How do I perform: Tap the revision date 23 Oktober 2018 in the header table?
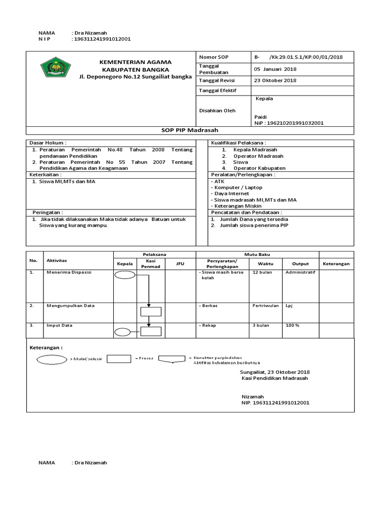pyautogui.click(x=275, y=80)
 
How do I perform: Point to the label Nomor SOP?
pyautogui.click(x=211, y=57)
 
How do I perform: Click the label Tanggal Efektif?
pyautogui.click(x=218, y=91)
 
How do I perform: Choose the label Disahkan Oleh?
pyautogui.click(x=217, y=110)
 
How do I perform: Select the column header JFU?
pyautogui.click(x=180, y=264)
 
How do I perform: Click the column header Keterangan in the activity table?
pyautogui.click(x=336, y=264)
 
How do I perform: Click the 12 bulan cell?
pyautogui.click(x=262, y=273)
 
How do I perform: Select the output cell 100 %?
pyautogui.click(x=292, y=326)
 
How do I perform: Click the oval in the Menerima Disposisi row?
pyautogui.click(x=124, y=275)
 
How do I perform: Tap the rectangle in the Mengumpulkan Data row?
pyautogui.click(x=150, y=312)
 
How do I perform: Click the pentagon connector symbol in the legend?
pyautogui.click(x=171, y=359)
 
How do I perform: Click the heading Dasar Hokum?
pyautogui.click(x=48, y=143)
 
